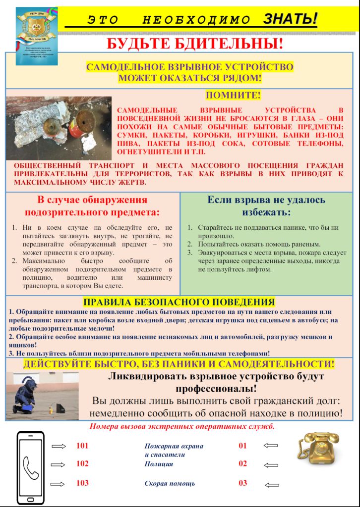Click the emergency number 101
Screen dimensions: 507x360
coord(82,446)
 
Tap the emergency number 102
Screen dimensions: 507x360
coord(82,464)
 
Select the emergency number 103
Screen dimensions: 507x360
coord(82,483)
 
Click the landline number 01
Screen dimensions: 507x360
coord(242,446)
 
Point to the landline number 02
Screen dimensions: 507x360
coord(242,464)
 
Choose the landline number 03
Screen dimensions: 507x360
coord(242,483)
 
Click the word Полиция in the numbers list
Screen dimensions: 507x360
coord(159,464)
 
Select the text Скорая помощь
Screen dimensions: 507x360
coord(170,483)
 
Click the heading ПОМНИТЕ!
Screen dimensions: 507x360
coord(233,95)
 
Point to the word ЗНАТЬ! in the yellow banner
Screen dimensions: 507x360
coord(290,19)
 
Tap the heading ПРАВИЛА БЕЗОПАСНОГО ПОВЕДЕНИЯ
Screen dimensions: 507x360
coord(179,302)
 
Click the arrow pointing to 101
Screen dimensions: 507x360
coord(59,446)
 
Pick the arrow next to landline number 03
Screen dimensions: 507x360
coord(271,485)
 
